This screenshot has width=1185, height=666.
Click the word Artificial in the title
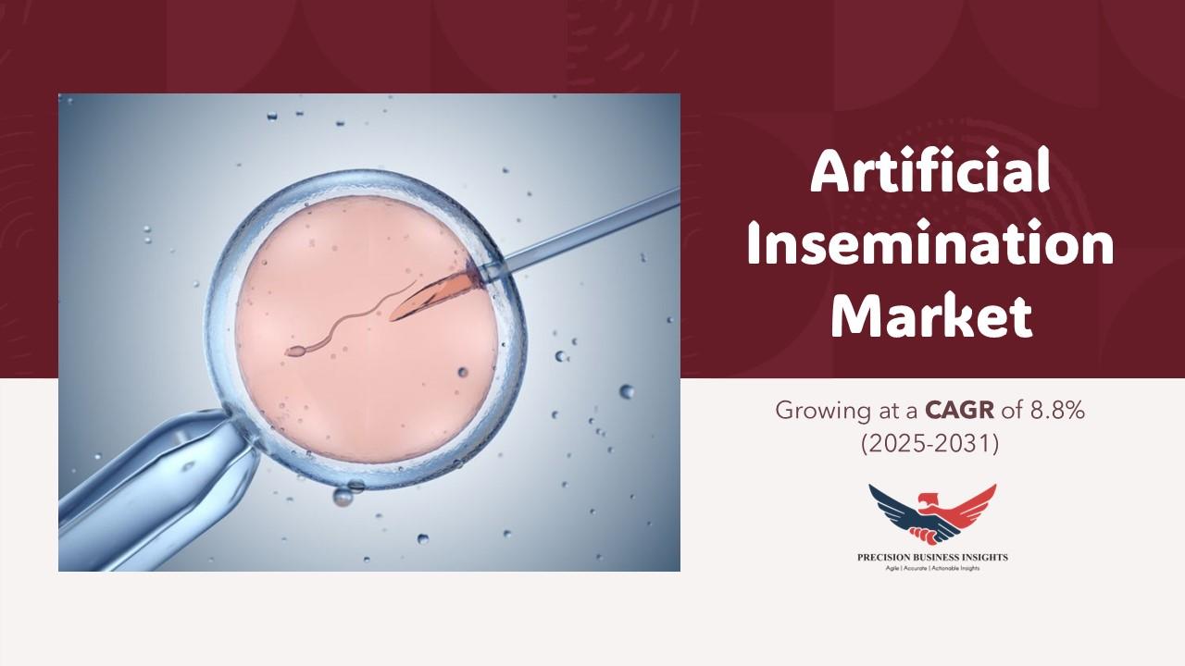pos(930,172)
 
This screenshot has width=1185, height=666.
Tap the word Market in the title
pos(931,316)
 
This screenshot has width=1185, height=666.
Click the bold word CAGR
pos(959,411)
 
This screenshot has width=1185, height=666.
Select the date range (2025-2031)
pos(930,444)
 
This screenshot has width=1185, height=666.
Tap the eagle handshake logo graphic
pos(932,515)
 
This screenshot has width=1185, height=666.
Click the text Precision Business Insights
pos(932,557)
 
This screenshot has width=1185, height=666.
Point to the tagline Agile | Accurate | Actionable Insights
pos(932,568)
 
